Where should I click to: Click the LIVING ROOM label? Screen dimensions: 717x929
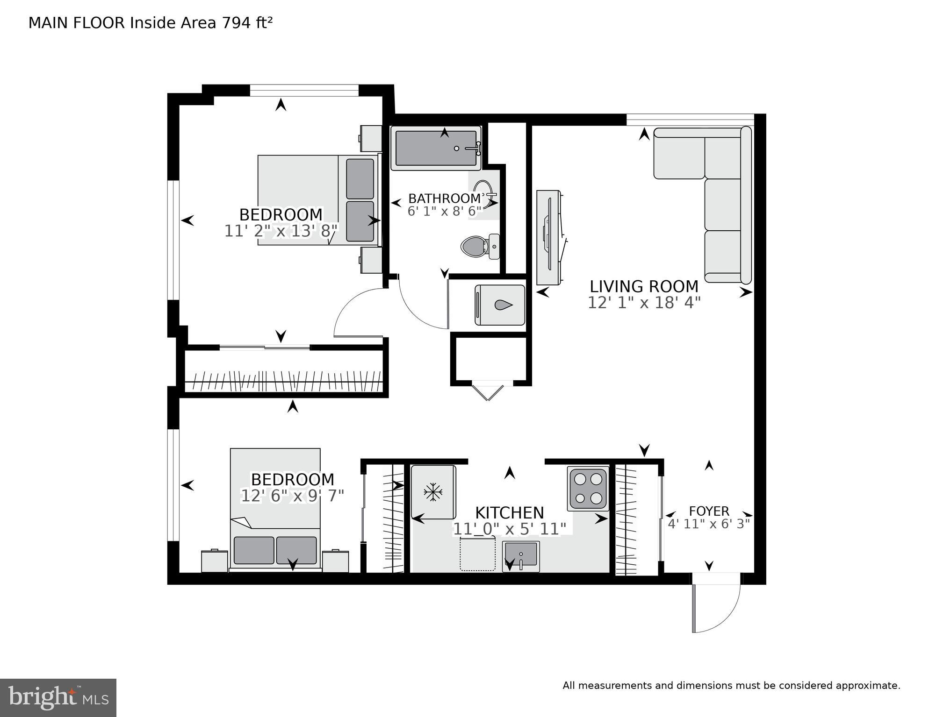click(x=644, y=286)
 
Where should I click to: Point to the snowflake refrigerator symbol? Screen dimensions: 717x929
click(x=433, y=492)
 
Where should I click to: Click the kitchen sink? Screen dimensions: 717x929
click(x=521, y=556)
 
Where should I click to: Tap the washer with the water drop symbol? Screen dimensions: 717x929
click(x=500, y=305)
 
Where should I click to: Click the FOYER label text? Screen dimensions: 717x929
click(x=709, y=511)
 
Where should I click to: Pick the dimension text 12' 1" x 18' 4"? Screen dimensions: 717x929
click(x=644, y=303)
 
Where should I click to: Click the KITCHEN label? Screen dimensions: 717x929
click(x=509, y=513)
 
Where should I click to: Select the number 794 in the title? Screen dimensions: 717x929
click(x=237, y=22)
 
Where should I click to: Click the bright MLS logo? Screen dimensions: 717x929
click(x=58, y=698)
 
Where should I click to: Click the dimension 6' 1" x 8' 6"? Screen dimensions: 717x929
click(x=445, y=212)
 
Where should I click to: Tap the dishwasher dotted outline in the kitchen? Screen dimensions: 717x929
click(x=477, y=554)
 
